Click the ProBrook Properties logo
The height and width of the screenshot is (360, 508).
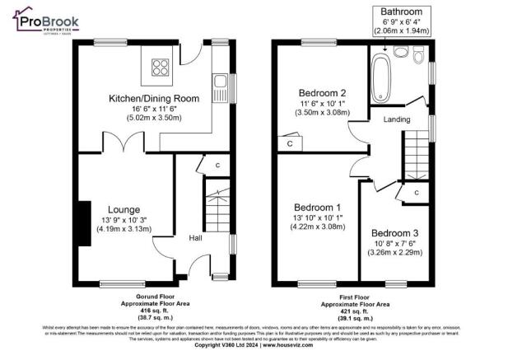tap(44, 24)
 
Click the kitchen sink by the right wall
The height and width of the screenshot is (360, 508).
tap(219, 83)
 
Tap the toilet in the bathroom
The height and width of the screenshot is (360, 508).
tap(402, 54)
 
